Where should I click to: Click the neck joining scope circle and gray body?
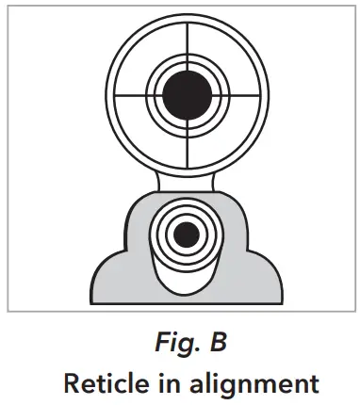pyautogui.click(x=185, y=179)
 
